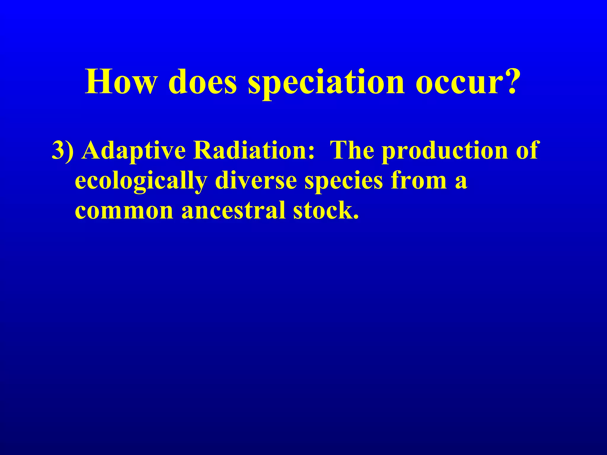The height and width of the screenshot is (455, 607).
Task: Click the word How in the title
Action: point(120,82)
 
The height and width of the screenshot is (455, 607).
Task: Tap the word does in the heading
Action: point(202,82)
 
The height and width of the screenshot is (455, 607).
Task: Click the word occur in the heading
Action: point(458,82)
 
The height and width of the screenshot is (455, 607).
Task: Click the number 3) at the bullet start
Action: point(63,150)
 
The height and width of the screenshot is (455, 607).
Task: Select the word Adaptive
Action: point(134,150)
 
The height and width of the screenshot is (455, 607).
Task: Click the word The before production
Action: point(352,150)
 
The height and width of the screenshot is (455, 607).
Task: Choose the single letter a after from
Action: point(461,183)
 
